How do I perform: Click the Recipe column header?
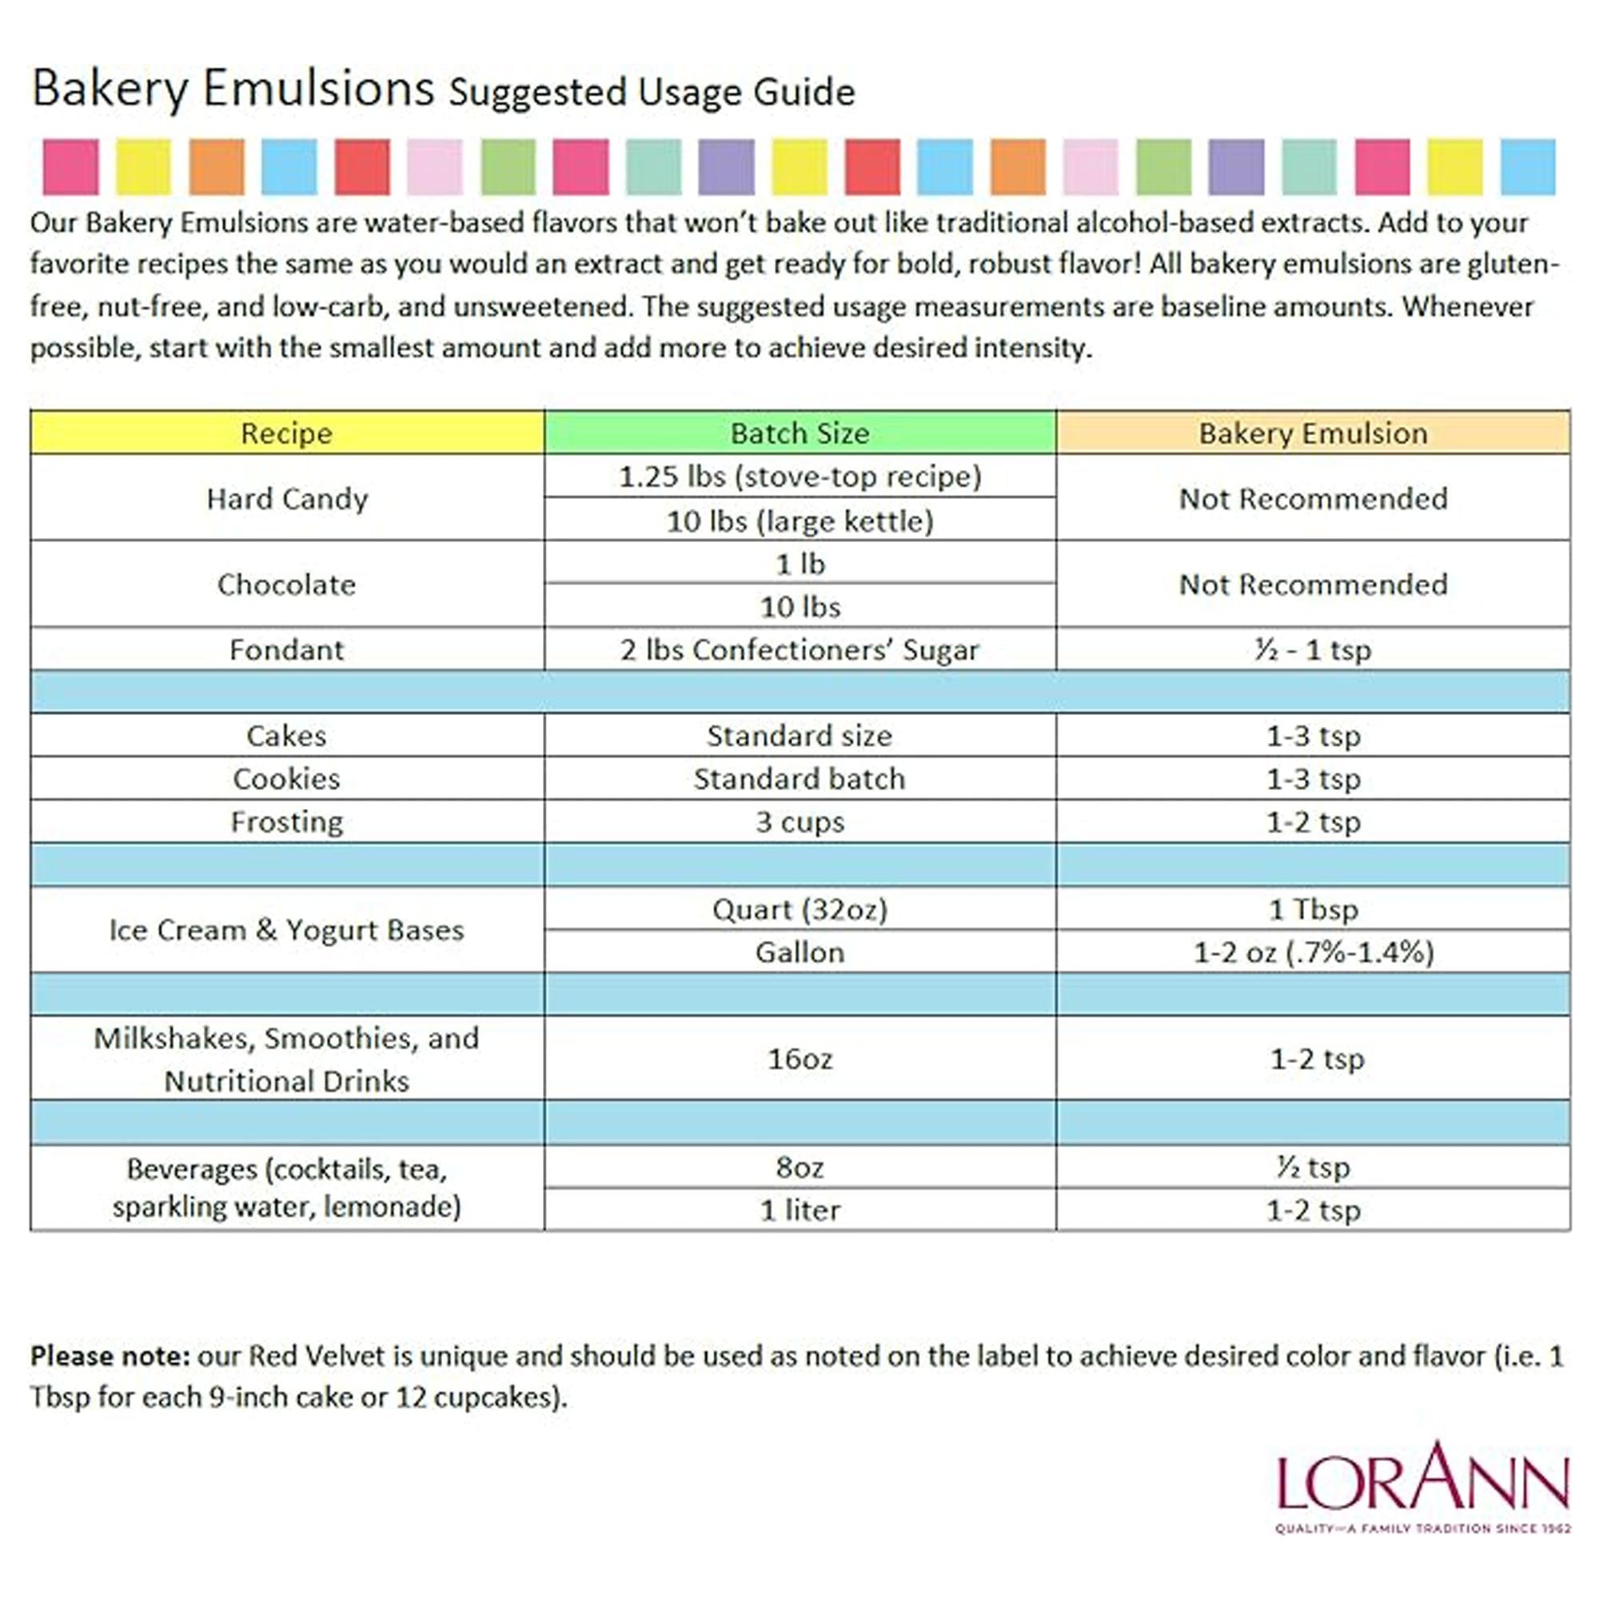point(286,433)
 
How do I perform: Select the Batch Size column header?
point(799,433)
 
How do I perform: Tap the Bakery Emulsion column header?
point(1313,433)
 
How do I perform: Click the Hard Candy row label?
point(286,498)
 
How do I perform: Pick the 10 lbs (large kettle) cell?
point(799,520)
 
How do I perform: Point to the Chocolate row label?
point(286,584)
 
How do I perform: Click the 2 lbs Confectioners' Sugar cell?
point(799,650)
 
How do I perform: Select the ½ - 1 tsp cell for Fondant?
point(1313,650)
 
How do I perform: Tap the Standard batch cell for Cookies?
point(799,779)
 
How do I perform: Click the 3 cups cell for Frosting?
point(799,822)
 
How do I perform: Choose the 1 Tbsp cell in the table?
point(1313,910)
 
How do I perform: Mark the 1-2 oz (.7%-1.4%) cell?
point(1313,953)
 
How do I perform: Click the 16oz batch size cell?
point(799,1059)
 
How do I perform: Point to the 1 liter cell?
point(799,1210)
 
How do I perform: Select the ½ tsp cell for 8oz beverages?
point(1313,1167)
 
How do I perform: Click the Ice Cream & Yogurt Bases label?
point(286,931)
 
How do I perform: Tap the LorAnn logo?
point(1422,1485)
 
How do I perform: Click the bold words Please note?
point(110,1356)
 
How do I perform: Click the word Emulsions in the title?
point(319,89)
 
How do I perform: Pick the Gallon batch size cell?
point(799,953)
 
